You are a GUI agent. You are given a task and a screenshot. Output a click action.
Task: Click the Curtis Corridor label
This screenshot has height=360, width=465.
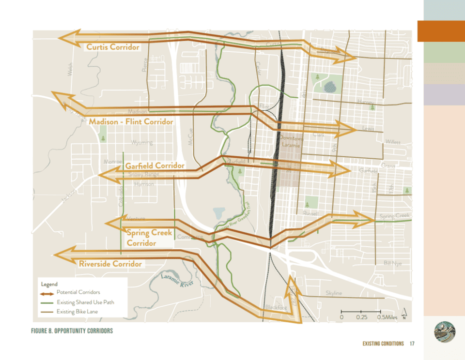(113, 47)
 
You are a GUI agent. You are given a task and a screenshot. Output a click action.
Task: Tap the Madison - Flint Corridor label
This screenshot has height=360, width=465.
(131, 121)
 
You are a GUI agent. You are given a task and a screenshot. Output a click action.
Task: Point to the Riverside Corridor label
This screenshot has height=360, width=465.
(110, 264)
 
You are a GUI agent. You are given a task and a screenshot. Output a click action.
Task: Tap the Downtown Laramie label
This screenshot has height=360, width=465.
(292, 141)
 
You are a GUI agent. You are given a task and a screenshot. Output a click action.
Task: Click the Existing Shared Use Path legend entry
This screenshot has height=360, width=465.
(85, 302)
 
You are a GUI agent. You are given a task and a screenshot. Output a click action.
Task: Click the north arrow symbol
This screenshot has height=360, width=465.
(403, 314)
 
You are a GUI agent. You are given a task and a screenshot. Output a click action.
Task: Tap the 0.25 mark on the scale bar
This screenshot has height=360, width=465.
(361, 317)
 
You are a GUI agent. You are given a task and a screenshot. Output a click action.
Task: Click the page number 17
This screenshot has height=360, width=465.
(412, 344)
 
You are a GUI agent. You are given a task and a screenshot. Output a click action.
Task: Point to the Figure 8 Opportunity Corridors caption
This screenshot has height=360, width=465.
(72, 331)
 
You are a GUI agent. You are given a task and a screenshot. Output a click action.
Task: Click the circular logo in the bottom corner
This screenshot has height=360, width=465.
(445, 333)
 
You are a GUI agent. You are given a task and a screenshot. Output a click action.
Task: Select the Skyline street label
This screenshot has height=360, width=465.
(334, 293)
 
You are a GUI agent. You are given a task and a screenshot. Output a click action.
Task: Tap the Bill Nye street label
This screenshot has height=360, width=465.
(392, 263)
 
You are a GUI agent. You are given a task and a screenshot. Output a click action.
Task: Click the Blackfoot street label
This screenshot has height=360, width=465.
(276, 307)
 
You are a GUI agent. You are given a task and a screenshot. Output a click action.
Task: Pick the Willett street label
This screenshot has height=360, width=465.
(393, 142)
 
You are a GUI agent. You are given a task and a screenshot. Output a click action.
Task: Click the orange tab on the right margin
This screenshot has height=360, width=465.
(441, 31)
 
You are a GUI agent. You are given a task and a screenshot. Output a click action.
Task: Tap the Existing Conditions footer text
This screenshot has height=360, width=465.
(383, 344)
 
